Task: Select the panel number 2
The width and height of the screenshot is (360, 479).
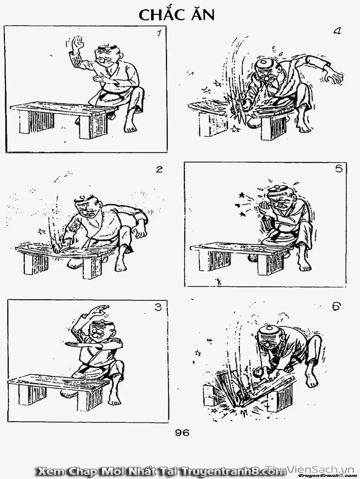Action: (x=160, y=169)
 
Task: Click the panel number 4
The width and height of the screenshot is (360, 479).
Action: (x=337, y=31)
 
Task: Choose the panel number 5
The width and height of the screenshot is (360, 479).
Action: (x=339, y=169)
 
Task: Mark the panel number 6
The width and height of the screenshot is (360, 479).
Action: (x=337, y=307)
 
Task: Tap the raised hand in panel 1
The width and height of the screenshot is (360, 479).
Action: (x=77, y=44)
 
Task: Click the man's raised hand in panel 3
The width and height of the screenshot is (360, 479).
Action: (x=101, y=309)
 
